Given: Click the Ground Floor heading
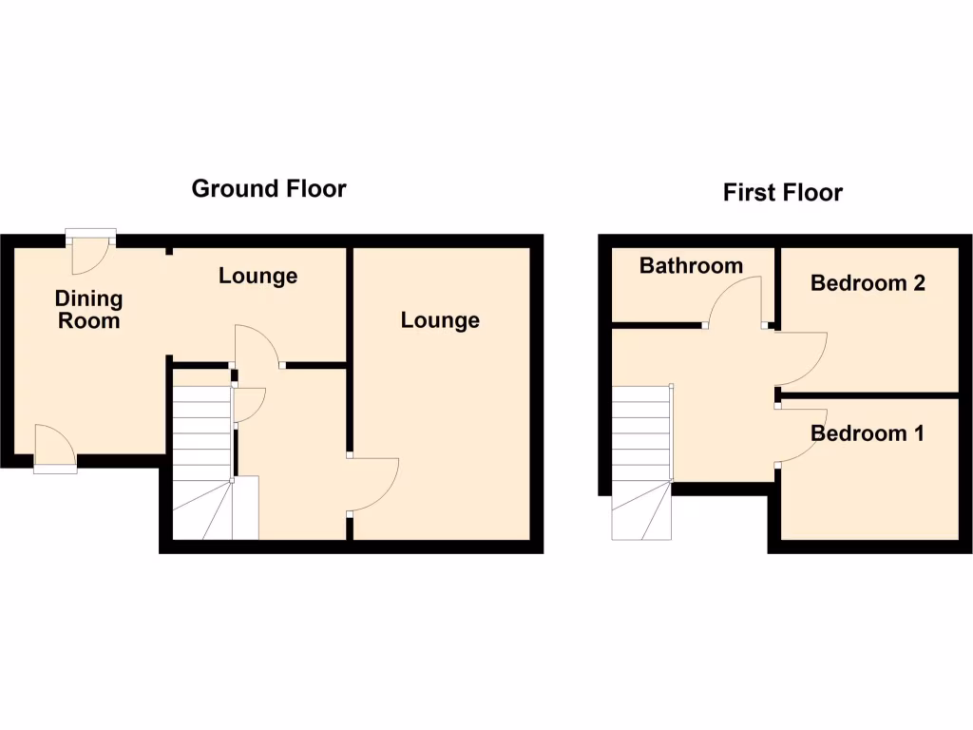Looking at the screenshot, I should coord(269,188).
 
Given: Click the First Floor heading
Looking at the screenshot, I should coord(782,193).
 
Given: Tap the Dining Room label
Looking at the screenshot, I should coord(88,310).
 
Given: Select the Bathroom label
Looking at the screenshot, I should coord(691,265).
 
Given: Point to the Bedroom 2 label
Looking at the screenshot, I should coord(868,282).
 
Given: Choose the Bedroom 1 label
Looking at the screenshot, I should coord(867,433).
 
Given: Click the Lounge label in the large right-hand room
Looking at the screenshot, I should coord(440,320).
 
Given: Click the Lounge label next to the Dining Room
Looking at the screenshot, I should coord(258,276).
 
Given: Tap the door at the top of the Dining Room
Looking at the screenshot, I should coord(91,251).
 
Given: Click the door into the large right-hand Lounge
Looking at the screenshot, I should coord(374,486).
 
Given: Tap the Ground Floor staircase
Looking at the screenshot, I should coord(202,456).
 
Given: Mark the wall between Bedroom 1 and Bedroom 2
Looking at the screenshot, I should coord(869,394).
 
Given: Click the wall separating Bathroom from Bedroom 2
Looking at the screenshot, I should coord(777,285).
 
